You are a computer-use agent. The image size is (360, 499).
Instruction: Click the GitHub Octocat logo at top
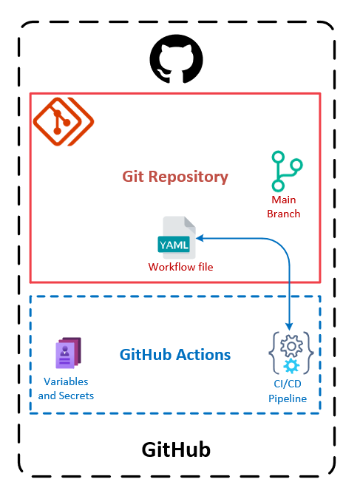tap(176, 61)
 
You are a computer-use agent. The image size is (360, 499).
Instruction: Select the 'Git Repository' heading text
tap(175, 177)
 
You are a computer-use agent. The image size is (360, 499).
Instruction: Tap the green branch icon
tap(285, 172)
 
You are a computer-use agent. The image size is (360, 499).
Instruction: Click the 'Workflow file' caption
tap(180, 267)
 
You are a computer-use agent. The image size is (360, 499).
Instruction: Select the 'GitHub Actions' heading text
tap(175, 354)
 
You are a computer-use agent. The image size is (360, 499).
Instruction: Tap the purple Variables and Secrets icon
tap(67, 354)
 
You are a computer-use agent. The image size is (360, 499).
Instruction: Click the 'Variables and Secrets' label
tap(66, 388)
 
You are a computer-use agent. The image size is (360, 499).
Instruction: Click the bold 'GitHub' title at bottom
tap(176, 450)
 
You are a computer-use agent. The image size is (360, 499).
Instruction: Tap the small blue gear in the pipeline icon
tap(292, 366)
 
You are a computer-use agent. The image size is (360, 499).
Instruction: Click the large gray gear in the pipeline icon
tap(291, 347)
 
